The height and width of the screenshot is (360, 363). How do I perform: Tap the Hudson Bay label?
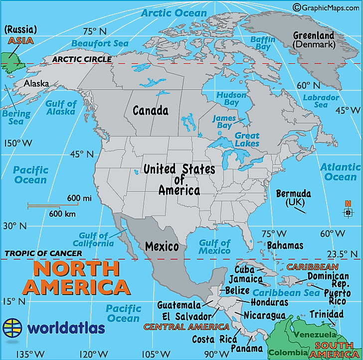click(x=231, y=98)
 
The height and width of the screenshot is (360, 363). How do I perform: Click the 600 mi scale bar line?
click(x=46, y=205)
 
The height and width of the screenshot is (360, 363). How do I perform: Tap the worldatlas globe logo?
click(x=12, y=328)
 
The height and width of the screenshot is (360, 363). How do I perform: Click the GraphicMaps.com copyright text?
click(x=327, y=7)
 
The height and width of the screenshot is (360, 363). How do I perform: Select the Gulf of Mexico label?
click(x=215, y=247)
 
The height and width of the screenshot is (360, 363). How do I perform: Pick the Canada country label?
click(x=150, y=110)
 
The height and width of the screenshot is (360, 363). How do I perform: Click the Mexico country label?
click(x=162, y=246)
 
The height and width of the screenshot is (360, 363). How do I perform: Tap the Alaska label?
click(x=36, y=83)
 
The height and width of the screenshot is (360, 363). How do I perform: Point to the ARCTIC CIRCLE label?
click(x=82, y=59)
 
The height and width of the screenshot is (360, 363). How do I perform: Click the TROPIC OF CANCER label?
click(x=43, y=254)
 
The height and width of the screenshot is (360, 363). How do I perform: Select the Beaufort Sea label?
click(x=100, y=43)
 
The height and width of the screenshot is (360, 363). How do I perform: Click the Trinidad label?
click(x=327, y=315)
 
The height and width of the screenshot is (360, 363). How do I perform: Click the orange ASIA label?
click(x=18, y=40)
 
